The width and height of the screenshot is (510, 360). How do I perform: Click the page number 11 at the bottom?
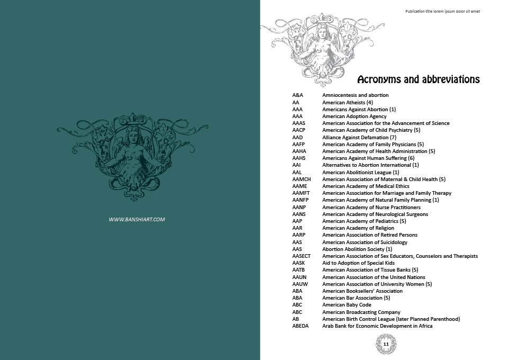tap(386, 344)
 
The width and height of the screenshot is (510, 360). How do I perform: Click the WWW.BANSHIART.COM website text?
tap(137, 219)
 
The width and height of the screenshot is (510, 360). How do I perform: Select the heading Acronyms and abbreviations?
tap(418, 80)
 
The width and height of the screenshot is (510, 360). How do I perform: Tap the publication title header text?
tap(442, 11)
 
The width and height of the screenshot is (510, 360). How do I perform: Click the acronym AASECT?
tap(302, 256)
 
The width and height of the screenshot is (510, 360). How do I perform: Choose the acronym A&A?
tap(297, 95)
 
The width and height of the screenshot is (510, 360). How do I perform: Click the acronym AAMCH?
tap(302, 179)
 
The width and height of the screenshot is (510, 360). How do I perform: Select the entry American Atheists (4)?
tap(348, 102)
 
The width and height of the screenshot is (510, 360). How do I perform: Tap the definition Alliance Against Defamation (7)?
tap(359, 137)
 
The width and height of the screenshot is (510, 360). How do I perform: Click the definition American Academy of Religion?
tap(358, 228)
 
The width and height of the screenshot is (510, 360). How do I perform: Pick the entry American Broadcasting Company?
tap(361, 312)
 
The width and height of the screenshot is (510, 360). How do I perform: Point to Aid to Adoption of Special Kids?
tap(358, 263)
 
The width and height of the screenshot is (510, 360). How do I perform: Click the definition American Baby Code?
tap(347, 305)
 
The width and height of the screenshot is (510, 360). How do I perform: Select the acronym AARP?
tap(298, 235)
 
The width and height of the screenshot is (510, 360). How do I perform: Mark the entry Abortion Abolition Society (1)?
tap(357, 249)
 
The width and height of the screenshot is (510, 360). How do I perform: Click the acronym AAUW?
tap(299, 284)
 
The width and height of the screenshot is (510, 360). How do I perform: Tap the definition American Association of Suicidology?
tap(365, 242)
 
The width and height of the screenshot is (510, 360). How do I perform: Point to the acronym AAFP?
tap(298, 145)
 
